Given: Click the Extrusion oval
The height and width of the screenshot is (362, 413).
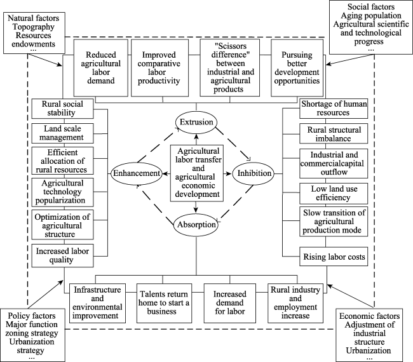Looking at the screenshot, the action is coord(196,122).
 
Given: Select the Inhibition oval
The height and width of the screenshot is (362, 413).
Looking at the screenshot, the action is coord(254,173).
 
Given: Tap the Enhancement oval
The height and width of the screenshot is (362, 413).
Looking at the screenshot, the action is coord(137,173).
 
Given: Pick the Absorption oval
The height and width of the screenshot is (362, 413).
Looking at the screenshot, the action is coord(196,225).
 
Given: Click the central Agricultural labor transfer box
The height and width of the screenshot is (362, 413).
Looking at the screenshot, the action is coord(197,173).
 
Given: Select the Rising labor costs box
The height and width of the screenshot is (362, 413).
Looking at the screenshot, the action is coord(334,257).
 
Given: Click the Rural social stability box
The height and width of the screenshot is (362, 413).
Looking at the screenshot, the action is coord(62,109).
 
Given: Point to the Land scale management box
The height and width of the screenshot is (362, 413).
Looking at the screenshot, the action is coord(62,133).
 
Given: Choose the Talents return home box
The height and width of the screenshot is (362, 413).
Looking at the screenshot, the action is coord(164,303).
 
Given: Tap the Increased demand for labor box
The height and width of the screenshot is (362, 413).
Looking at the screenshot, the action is coord(229,303).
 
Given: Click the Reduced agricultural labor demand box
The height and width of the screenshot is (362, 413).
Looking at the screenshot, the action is coord(100,68).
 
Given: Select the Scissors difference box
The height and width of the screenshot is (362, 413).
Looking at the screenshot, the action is coord(229,68).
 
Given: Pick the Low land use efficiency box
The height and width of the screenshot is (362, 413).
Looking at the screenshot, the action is coord(334,194).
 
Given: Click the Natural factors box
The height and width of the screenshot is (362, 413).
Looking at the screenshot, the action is coord(34,33).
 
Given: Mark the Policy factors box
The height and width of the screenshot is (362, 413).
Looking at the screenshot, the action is coord(32,335).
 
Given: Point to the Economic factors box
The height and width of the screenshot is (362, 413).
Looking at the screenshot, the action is coord(369,335).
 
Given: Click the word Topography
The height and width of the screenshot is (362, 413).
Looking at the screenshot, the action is coord(34,27).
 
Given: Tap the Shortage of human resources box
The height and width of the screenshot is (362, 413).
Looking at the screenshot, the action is coord(334,109).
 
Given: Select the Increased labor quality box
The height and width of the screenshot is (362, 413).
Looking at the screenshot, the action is coord(62,256).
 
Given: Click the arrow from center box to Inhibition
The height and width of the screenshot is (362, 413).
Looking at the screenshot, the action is coord(227,173).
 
